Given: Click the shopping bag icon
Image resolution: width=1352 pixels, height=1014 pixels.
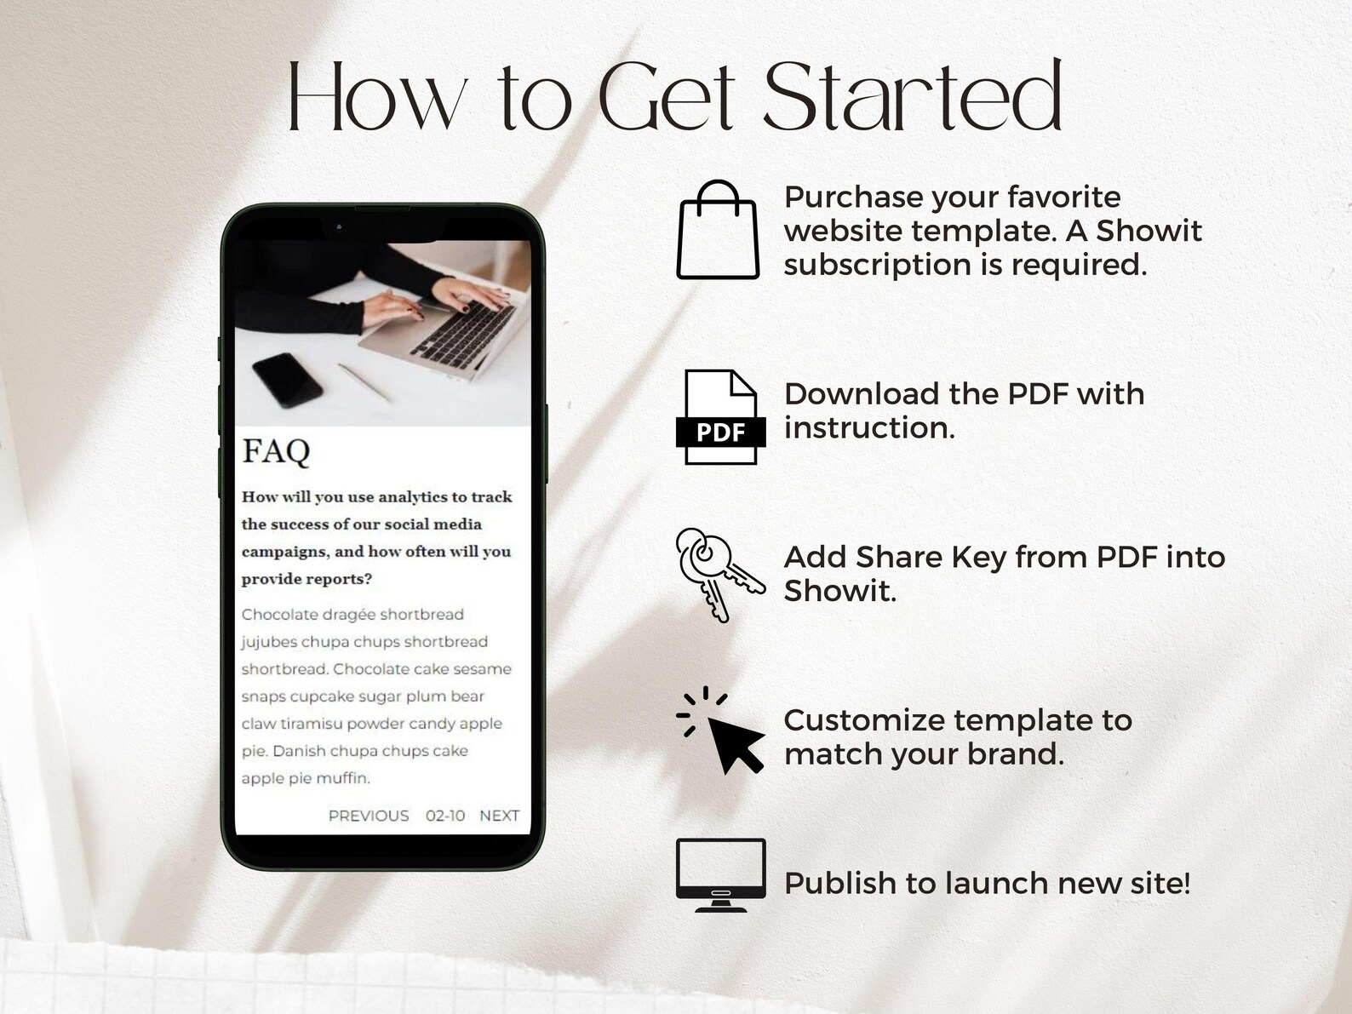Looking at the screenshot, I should [x=718, y=232].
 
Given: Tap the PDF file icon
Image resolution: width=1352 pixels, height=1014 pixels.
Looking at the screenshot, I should [x=720, y=417].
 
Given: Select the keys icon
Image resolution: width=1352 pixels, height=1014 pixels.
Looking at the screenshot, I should [x=718, y=574].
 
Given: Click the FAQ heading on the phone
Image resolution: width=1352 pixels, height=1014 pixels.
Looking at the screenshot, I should [x=276, y=451].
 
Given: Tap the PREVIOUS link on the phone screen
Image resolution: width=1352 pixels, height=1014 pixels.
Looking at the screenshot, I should [x=369, y=816].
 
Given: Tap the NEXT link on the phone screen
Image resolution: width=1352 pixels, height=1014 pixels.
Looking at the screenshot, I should [x=499, y=816].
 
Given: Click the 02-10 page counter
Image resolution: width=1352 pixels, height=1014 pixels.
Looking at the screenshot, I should [x=445, y=816].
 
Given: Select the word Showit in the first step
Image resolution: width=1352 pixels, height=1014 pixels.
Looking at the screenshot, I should [x=1149, y=231].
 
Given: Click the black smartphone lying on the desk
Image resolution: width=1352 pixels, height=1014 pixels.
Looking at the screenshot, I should [x=287, y=381].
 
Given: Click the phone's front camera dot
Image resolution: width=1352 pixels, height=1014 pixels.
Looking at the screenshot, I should [x=339, y=226].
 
